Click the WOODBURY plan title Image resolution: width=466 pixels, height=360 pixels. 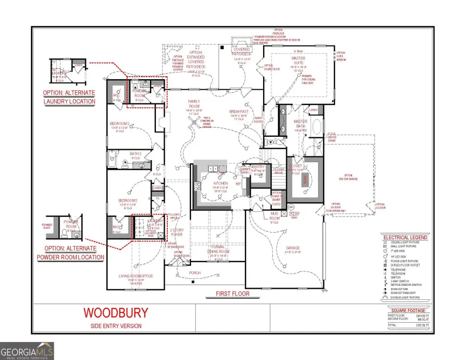(115, 313)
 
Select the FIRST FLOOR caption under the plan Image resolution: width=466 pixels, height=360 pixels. (232, 294)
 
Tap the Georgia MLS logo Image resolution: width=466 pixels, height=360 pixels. (27, 350)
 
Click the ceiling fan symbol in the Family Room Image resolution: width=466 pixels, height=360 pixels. (193, 120)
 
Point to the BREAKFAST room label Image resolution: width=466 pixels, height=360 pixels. (239, 111)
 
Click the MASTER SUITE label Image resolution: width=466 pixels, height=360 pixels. (298, 61)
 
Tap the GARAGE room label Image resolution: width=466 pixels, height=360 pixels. (293, 248)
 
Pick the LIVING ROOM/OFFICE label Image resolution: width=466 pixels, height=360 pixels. (136, 276)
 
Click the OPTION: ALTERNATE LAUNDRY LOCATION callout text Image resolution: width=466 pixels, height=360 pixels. (69, 97)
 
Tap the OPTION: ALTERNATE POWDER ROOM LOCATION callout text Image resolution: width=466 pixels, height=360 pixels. (70, 253)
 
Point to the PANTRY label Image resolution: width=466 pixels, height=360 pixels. (258, 167)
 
